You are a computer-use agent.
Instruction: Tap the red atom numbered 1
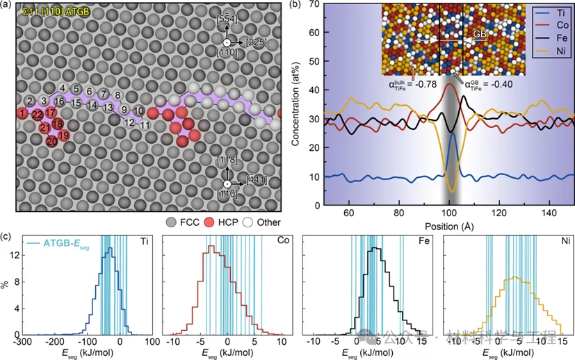coord(24,113)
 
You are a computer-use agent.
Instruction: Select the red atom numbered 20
coord(51,142)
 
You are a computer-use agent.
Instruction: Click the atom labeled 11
coord(145,125)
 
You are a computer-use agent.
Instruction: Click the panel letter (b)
coord(295,6)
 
